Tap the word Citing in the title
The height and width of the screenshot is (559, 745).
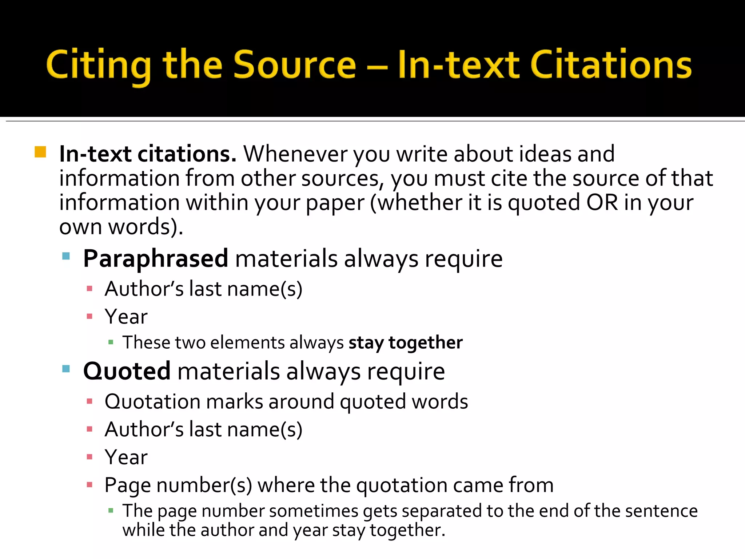click(98, 66)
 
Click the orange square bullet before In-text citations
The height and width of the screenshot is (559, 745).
click(40, 152)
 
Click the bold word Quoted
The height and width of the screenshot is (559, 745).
click(127, 371)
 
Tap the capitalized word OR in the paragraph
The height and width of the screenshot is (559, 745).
click(602, 202)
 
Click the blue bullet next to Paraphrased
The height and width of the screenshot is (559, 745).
click(66, 256)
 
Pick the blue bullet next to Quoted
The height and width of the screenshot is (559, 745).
click(66, 369)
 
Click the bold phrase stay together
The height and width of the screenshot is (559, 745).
click(406, 342)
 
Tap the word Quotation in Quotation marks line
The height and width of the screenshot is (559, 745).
click(152, 402)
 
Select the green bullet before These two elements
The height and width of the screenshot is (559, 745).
click(111, 342)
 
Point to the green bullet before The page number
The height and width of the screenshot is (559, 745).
click(111, 511)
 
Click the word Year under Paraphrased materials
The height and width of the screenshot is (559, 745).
click(126, 317)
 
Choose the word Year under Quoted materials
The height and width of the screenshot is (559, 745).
click(126, 457)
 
